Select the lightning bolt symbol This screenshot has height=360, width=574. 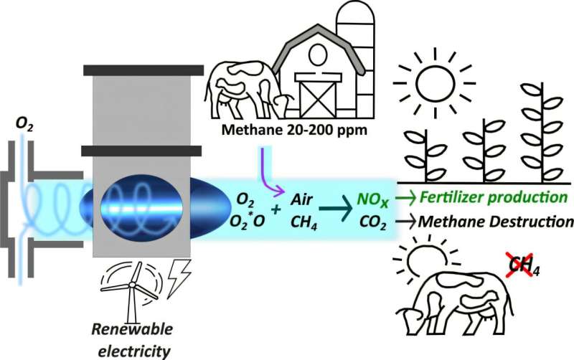[x=177, y=278]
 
